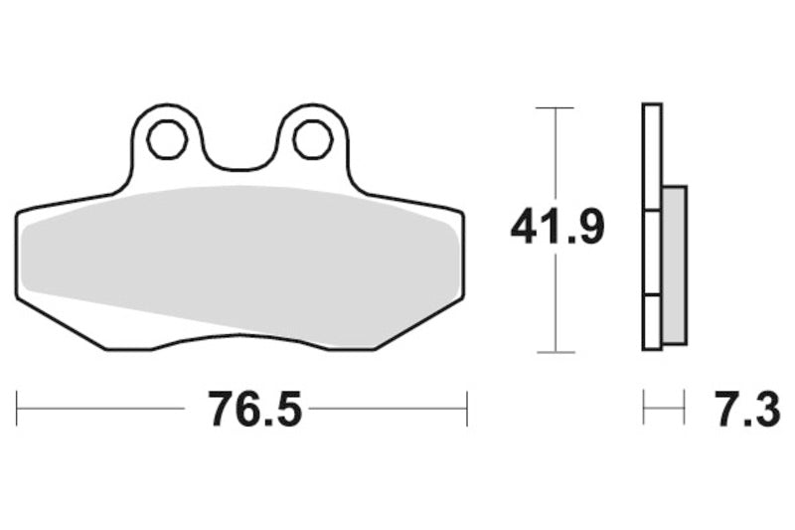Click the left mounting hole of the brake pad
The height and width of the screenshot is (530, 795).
point(167,139)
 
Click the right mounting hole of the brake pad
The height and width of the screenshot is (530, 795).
point(312,139)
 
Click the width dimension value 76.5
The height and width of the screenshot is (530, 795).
point(254,409)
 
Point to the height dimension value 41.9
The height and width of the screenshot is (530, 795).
point(556,229)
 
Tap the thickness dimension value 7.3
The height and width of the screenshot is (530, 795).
point(744,409)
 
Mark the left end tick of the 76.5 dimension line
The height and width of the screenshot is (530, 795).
point(18,409)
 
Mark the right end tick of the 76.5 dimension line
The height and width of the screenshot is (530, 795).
point(466,409)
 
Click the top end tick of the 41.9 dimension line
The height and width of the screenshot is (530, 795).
point(555,106)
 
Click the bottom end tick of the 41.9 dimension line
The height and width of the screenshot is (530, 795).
point(555,352)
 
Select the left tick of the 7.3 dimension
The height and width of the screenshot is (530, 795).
point(644,409)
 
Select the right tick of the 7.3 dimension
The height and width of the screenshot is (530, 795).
point(685,409)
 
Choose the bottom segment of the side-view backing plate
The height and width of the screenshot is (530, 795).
point(652,322)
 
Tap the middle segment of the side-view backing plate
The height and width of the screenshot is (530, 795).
point(652,253)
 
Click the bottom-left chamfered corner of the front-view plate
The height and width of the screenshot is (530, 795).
point(60,323)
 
